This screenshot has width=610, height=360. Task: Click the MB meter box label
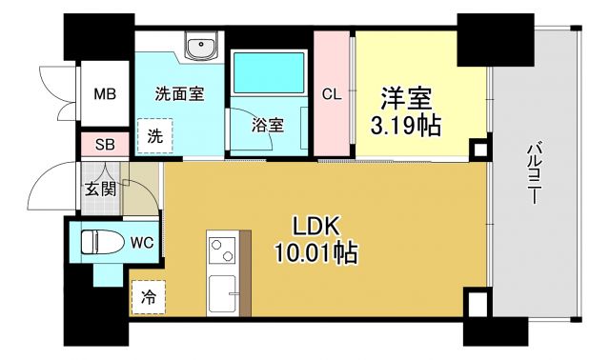tap(104, 94)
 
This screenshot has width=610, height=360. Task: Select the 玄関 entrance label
tap(98, 189)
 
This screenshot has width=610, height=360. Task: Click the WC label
tap(141, 242)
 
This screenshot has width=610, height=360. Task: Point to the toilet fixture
tap(100, 243)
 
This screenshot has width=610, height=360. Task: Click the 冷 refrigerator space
tap(149, 297)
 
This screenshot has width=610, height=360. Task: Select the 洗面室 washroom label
tap(178, 94)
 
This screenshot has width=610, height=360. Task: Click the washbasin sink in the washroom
tap(202, 48)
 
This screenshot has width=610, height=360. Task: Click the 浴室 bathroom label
tap(266, 125)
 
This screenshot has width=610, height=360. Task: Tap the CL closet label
tap(332, 94)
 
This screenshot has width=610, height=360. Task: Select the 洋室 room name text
tap(408, 98)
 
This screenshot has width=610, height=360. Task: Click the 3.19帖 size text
tap(408, 125)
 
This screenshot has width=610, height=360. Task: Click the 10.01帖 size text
tap(318, 253)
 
